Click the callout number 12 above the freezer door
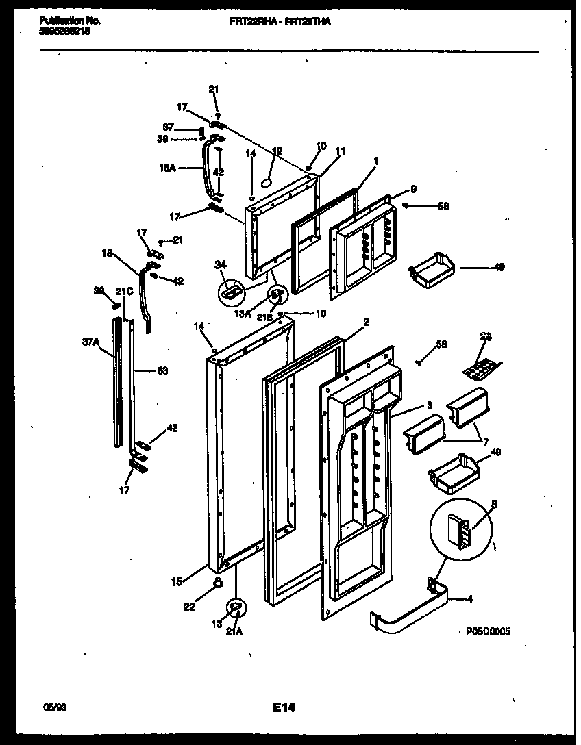pos(277,151)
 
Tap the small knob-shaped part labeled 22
pos(218,583)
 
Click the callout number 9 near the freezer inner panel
pos(413,188)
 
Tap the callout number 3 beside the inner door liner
pos(430,406)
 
